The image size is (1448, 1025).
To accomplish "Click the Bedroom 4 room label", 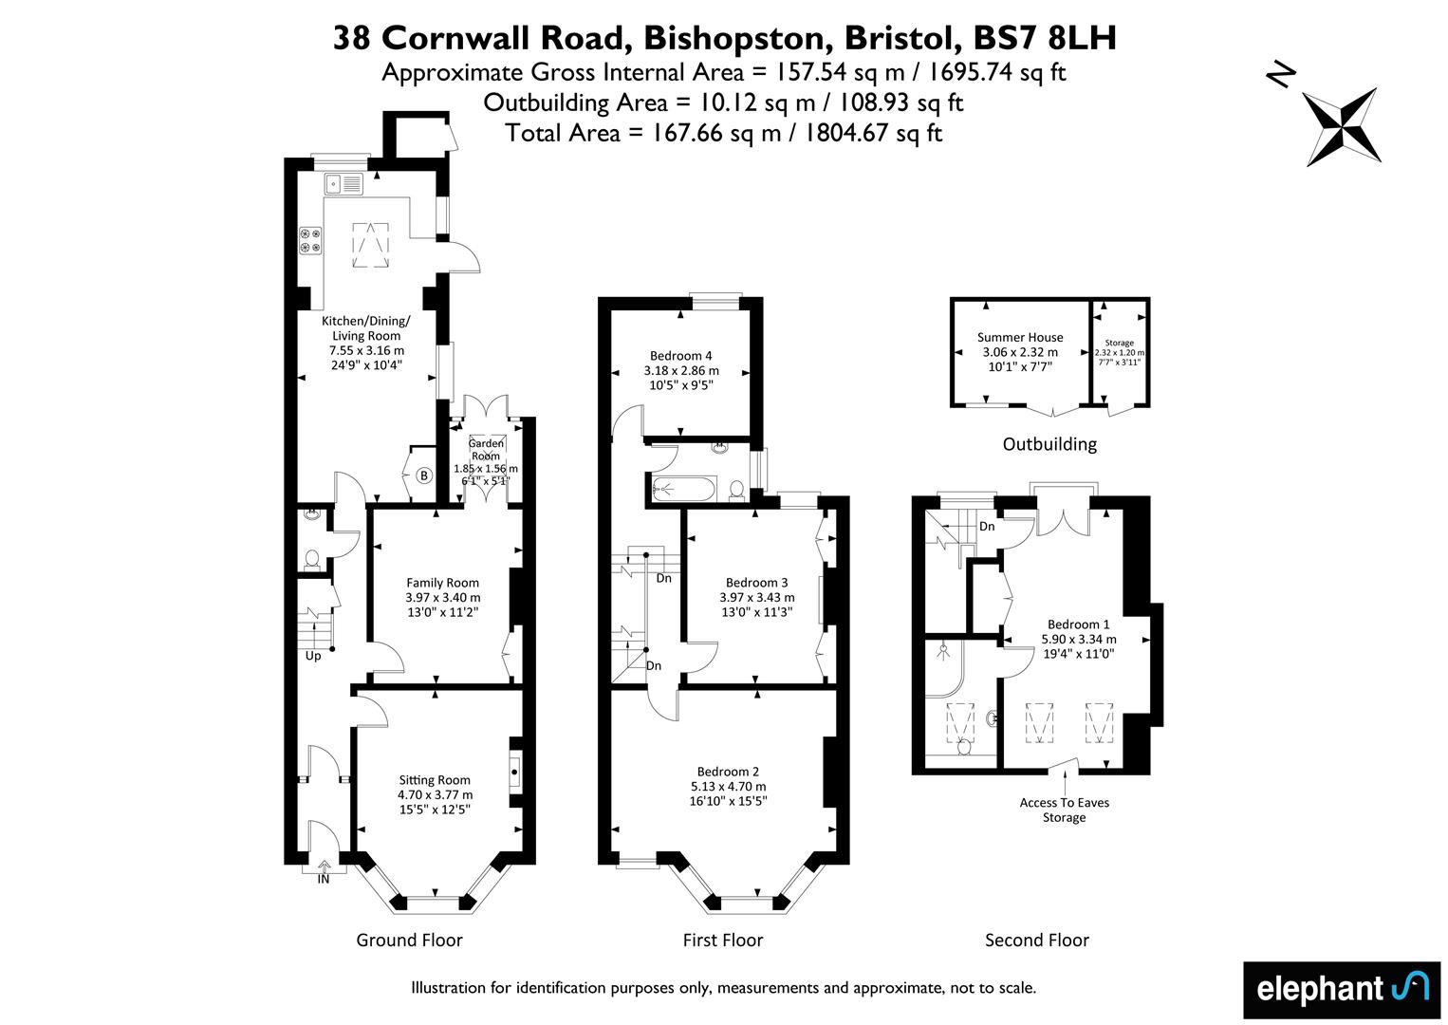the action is (680, 356).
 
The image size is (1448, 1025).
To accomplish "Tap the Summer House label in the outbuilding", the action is (1019, 337).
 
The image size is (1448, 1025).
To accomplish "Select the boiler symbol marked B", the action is (424, 476).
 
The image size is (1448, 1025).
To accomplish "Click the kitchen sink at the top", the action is (343, 184).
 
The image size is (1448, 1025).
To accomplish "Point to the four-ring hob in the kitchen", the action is (310, 239).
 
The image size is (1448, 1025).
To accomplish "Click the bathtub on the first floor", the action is (684, 489).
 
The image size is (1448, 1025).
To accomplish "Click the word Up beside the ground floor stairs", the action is (313, 656).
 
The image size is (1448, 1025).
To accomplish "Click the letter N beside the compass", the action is (1281, 75).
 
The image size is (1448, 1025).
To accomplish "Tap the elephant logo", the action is (1342, 990).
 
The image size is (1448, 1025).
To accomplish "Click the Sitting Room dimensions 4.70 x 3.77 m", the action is (435, 794).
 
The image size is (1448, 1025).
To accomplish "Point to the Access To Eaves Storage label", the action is (1064, 810).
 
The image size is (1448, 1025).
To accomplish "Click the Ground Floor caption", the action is (409, 940).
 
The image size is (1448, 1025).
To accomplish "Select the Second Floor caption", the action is (1037, 940).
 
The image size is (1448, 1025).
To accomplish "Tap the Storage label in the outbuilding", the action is (1119, 343).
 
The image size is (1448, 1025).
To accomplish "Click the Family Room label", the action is (443, 583).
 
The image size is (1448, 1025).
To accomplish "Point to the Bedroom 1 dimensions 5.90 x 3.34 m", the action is (1078, 639).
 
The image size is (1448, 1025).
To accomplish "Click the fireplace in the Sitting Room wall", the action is (515, 773).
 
